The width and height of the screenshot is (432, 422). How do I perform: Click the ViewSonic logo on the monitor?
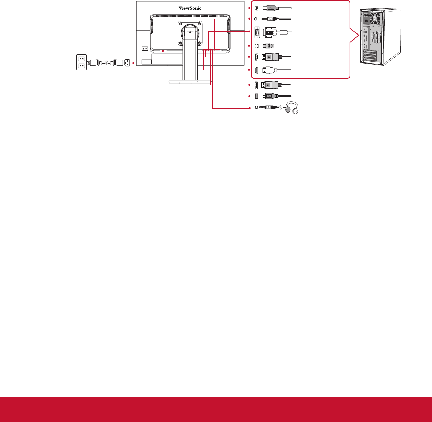tap(190, 8)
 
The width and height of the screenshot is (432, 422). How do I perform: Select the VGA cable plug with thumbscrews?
tap(270, 32)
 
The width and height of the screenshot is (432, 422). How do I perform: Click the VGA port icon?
tap(257, 32)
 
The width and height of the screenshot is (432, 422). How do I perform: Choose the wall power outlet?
tap(81, 62)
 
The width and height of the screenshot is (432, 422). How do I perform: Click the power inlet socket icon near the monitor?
tap(127, 63)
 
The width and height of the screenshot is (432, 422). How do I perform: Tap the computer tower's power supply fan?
tap(375, 19)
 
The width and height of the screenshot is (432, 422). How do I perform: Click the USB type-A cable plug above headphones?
tap(270, 96)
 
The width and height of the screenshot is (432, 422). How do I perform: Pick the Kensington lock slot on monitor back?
tap(145, 49)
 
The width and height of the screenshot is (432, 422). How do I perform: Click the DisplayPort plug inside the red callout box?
tap(272, 57)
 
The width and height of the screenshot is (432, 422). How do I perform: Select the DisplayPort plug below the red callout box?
tap(271, 85)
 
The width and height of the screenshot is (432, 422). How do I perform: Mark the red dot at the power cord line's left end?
tap(133, 63)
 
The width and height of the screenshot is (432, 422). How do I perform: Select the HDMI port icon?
tap(257, 70)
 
